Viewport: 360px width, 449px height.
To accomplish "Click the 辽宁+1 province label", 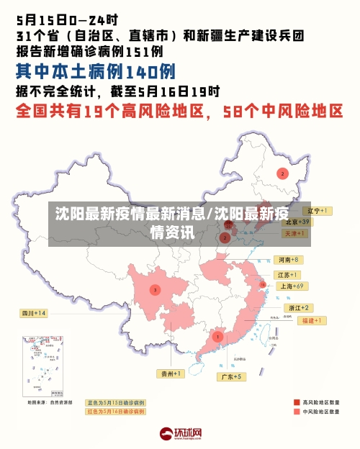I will pos(314,211).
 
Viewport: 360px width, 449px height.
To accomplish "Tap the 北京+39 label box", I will pos(297,222).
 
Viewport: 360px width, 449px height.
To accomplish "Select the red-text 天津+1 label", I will pos(296,234).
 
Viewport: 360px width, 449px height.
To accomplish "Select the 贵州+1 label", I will pos(171,373).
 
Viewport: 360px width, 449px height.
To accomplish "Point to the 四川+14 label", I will pos(33,313).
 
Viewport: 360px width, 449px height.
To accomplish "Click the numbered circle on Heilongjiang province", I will pos(282,173).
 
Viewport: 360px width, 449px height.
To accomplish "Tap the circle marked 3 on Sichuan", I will pos(155,289).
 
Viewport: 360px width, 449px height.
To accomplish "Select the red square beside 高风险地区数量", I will pos(296,402).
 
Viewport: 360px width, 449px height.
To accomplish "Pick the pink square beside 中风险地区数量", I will pos(296,412).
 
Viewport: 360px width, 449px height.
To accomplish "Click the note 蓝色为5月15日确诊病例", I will pos(115,403).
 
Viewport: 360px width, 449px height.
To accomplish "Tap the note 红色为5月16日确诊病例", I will pos(115,412).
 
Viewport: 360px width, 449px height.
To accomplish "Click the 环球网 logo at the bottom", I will pos(180,434).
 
